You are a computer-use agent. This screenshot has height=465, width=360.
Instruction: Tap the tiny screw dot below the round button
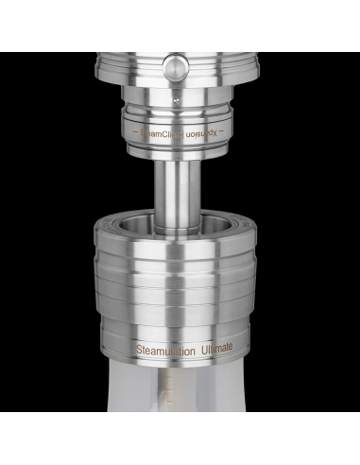(x=177, y=98)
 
